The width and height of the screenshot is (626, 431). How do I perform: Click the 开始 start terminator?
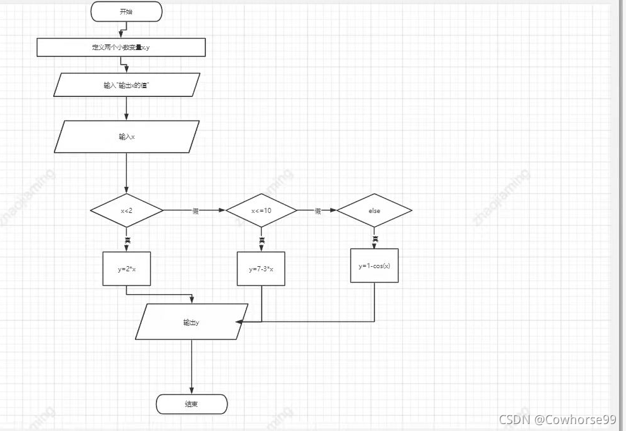[x=127, y=11]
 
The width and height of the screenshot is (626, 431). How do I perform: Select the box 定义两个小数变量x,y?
[x=121, y=48]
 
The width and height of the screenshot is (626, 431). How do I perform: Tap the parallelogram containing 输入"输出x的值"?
[x=127, y=85]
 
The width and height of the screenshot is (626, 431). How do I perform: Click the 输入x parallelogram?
[x=127, y=137]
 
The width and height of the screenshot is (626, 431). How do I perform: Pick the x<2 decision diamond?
[x=127, y=211]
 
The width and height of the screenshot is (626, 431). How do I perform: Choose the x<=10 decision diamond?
[x=261, y=211]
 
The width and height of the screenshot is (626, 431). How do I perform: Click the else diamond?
[x=374, y=211]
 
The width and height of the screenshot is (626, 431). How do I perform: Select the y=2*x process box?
[x=127, y=269]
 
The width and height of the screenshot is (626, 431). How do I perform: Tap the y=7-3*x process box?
[x=261, y=269]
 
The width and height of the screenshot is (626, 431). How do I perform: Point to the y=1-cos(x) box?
[x=374, y=266]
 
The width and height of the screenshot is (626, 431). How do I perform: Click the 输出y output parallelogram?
[x=191, y=322]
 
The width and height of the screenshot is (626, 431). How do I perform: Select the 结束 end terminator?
[x=191, y=404]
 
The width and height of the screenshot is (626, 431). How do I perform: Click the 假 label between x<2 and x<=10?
[x=195, y=211]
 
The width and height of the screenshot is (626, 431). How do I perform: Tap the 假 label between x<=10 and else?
[x=317, y=211]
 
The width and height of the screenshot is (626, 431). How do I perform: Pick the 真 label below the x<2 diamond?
[x=127, y=240]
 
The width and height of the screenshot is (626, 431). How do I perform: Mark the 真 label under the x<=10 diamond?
[x=261, y=240]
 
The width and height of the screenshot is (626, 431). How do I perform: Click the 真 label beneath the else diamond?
[x=375, y=239]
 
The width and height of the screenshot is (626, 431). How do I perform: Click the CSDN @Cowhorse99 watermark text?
[x=557, y=419]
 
